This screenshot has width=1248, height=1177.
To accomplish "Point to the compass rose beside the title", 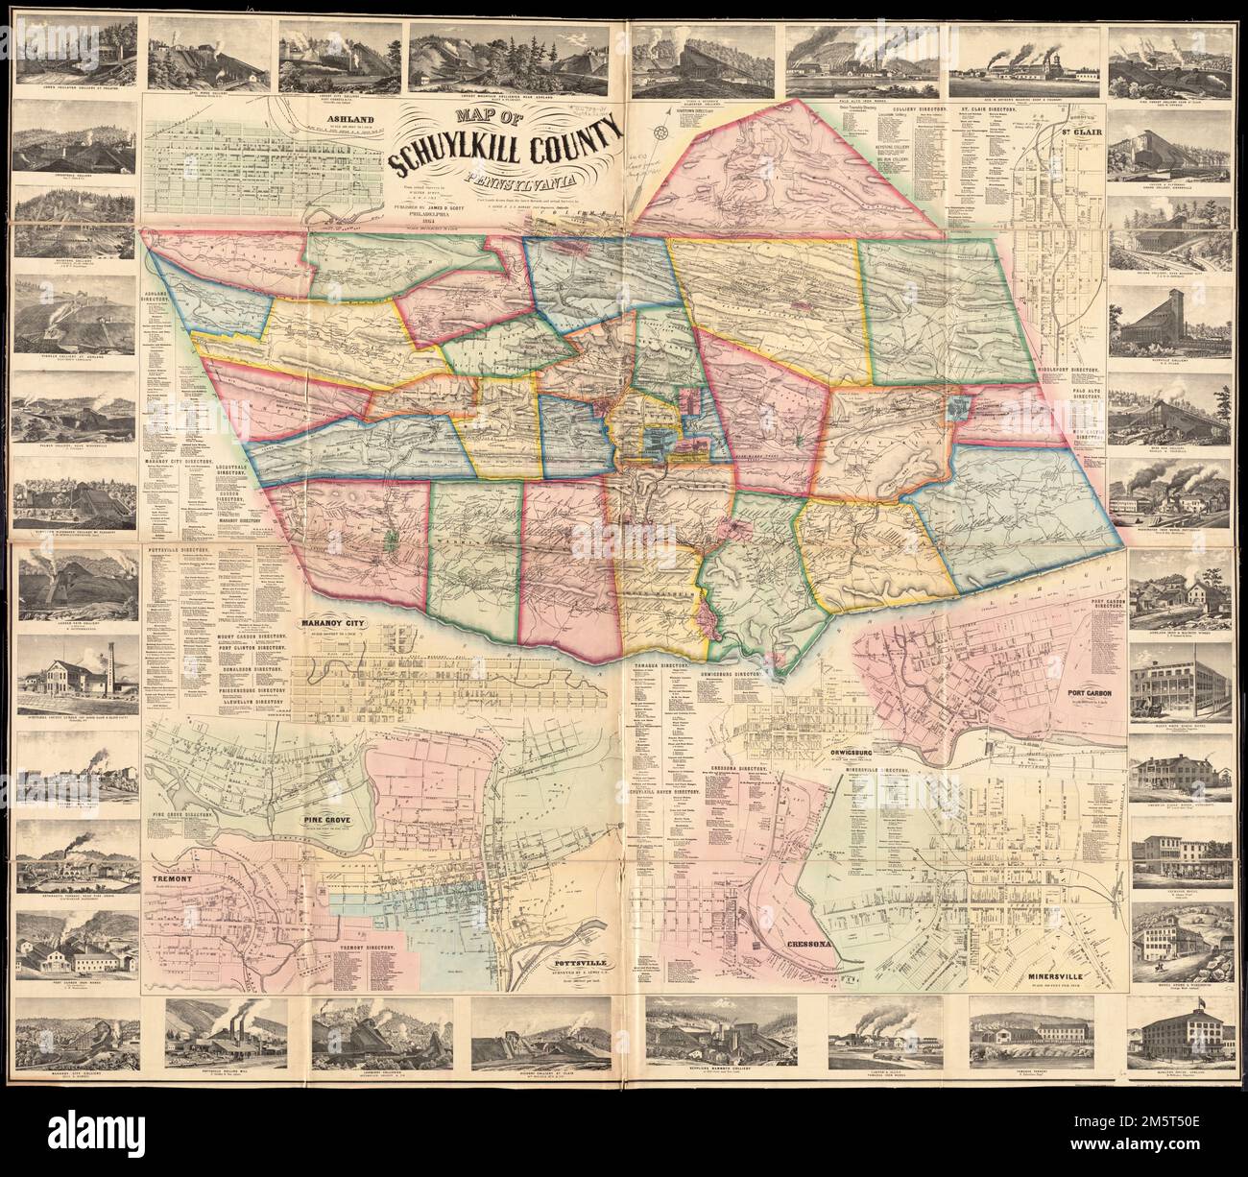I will pos(660,132).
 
